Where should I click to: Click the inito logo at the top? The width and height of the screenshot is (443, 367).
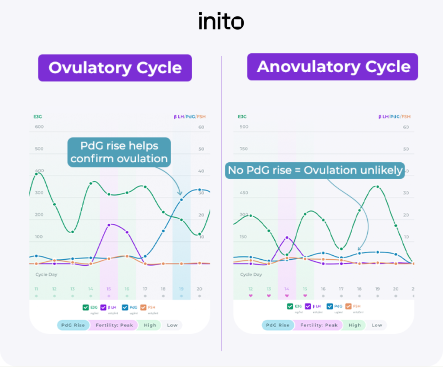[221, 21]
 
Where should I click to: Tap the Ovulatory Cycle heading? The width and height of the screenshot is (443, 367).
[115, 68]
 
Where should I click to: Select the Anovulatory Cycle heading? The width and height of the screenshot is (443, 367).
[333, 67]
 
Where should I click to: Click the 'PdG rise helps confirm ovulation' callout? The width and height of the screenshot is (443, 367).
[119, 152]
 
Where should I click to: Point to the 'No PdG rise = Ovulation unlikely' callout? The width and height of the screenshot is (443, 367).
[315, 170]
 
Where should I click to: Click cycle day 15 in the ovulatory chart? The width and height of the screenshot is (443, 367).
[109, 289]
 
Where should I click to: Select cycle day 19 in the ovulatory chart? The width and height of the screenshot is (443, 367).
[181, 289]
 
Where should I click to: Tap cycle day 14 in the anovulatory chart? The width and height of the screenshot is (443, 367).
[286, 289]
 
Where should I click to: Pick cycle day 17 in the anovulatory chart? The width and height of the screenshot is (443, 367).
[341, 289]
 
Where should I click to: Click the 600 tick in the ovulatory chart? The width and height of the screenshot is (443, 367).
[39, 127]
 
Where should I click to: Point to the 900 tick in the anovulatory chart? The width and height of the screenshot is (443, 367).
[244, 127]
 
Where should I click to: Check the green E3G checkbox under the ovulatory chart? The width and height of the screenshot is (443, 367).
[86, 307]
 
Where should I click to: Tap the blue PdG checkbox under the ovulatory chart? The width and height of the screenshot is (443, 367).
[125, 307]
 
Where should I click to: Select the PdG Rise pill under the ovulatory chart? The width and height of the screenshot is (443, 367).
[73, 325]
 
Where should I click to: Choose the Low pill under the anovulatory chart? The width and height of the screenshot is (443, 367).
[376, 325]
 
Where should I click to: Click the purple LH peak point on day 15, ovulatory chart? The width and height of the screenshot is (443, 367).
[109, 225]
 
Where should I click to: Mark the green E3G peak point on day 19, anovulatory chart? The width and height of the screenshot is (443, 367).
[377, 187]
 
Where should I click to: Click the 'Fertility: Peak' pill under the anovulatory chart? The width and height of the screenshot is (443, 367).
[318, 325]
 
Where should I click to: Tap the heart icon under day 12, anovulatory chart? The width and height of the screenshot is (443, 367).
[250, 296]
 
